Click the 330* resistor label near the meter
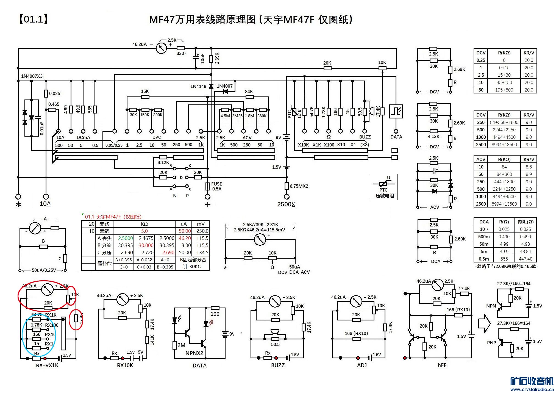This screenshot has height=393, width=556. point(181,53)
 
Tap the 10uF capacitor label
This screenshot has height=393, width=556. point(202,58)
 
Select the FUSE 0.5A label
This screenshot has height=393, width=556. point(216,186)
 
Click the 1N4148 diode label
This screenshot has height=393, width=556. point(198,86)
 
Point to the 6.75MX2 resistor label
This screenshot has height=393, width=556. point(299,186)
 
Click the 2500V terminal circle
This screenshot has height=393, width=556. point(287,196)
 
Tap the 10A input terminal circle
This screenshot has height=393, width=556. point(46,196)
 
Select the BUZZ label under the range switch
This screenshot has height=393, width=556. point(365,137)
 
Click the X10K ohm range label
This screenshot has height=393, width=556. point(303,145)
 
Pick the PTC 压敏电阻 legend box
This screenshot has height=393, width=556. point(384,187)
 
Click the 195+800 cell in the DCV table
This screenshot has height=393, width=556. point(504,90)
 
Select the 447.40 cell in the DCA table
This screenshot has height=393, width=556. point(525,259)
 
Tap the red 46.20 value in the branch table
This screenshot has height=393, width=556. point(185,238)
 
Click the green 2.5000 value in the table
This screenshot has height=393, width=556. point(125,238)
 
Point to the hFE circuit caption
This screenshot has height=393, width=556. point(442,365)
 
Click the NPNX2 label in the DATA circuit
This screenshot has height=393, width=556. point(194,353)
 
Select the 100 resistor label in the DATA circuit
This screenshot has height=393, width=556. point(215,314)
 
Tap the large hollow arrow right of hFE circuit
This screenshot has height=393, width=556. point(484,323)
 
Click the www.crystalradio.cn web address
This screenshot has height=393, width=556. point(532,389)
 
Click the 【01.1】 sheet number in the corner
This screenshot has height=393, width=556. point(34,19)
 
